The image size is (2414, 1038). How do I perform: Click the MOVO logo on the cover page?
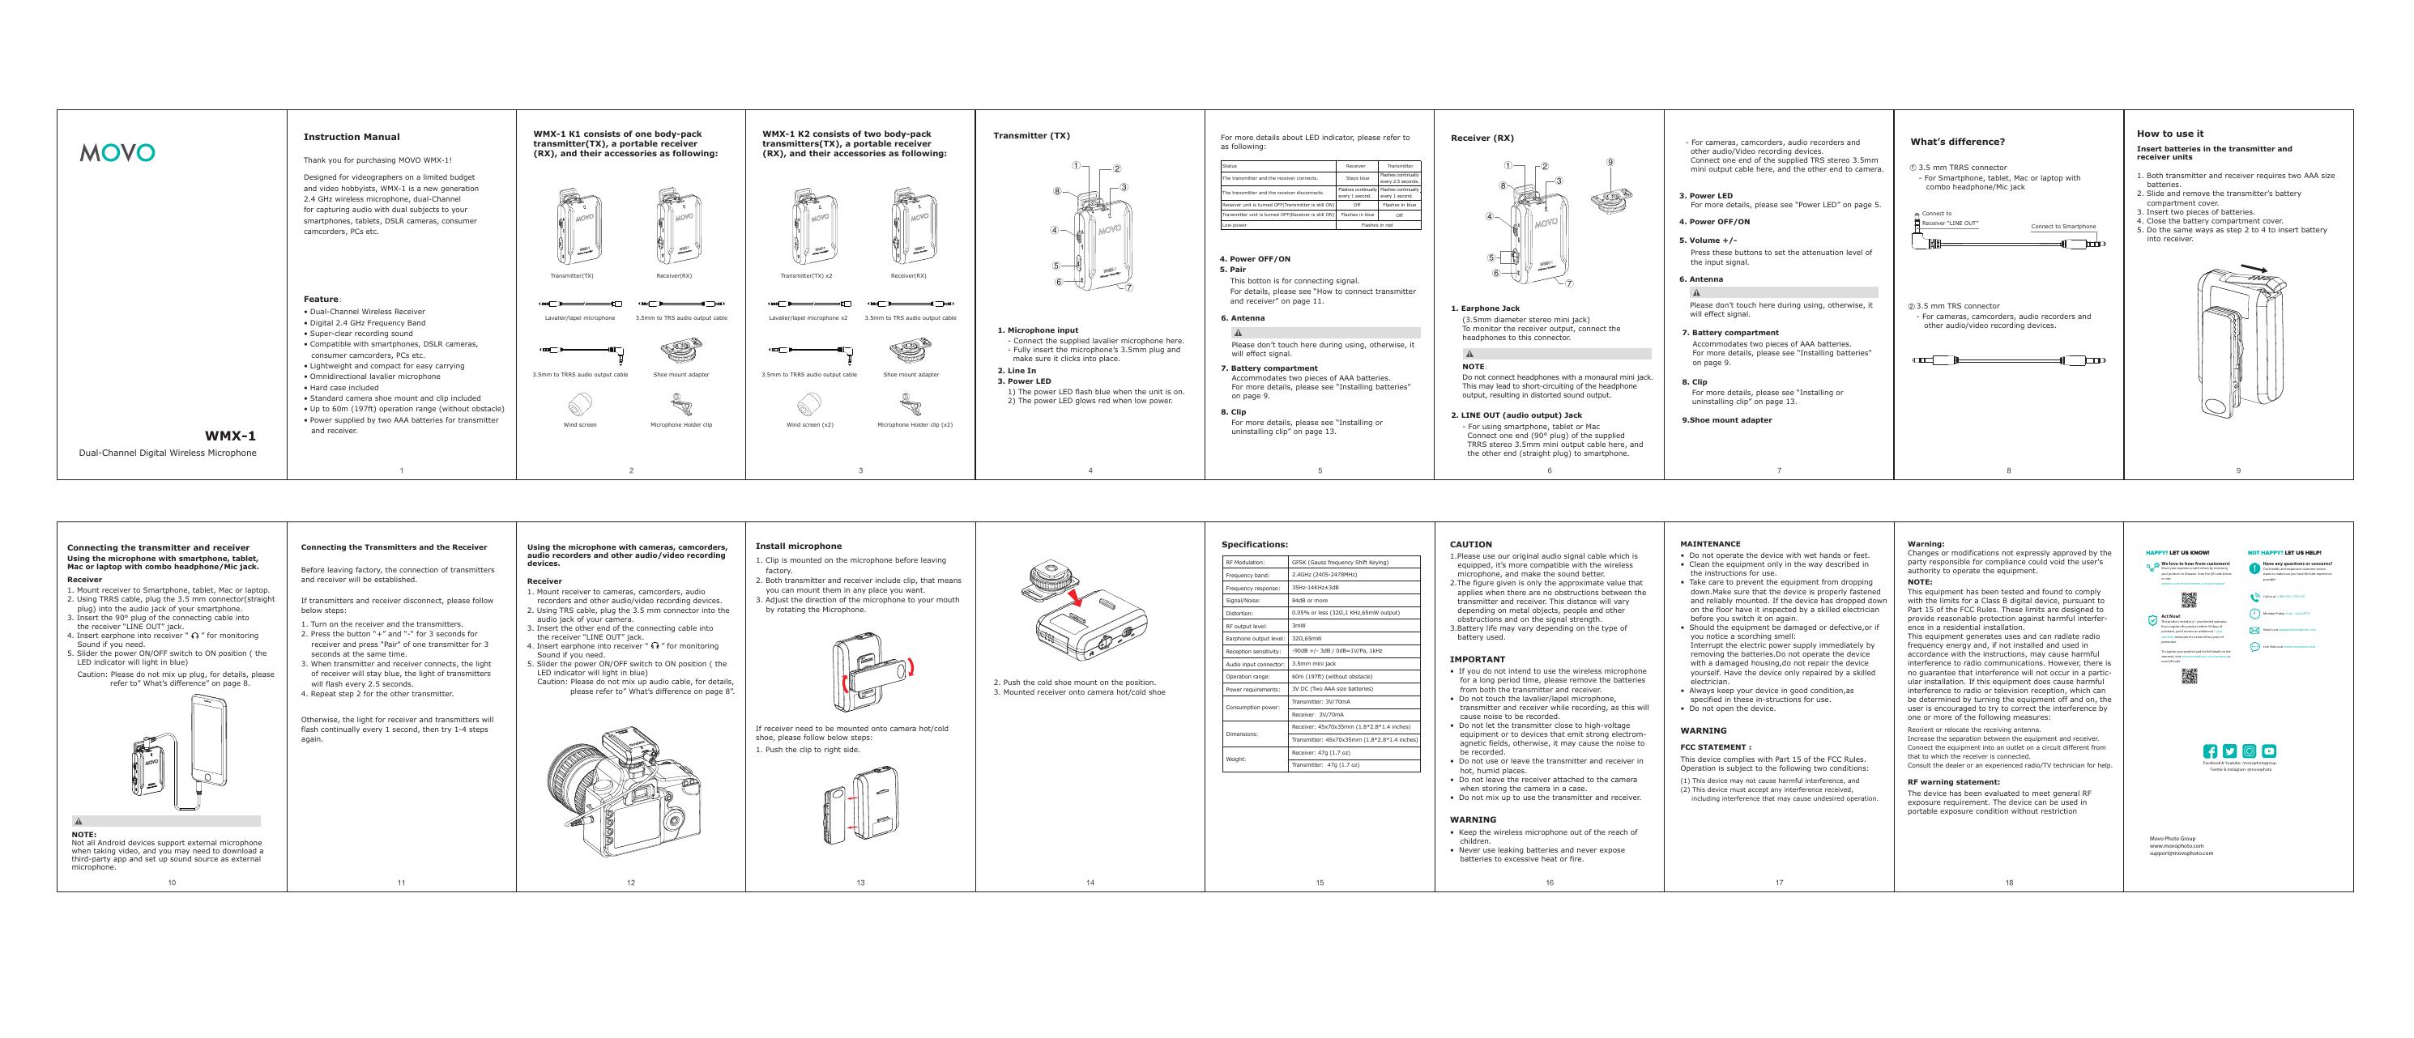tap(117, 153)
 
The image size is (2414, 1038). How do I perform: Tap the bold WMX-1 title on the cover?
tap(231, 436)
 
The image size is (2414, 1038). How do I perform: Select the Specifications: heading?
tap(1255, 544)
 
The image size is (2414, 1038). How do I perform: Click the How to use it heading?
tap(2170, 134)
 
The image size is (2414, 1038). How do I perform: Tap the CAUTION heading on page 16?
tap(1470, 544)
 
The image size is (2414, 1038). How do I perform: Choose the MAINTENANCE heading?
tap(1710, 544)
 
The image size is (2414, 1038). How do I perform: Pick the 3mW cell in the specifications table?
tap(1299, 625)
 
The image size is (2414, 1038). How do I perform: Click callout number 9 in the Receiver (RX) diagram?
tap(1610, 162)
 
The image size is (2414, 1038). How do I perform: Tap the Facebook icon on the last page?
tap(2210, 751)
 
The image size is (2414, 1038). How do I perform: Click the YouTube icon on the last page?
tap(2269, 751)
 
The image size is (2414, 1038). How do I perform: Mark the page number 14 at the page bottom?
tap(1090, 883)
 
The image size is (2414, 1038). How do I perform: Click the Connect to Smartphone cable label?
tap(2063, 227)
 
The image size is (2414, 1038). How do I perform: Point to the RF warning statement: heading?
tap(1954, 782)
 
